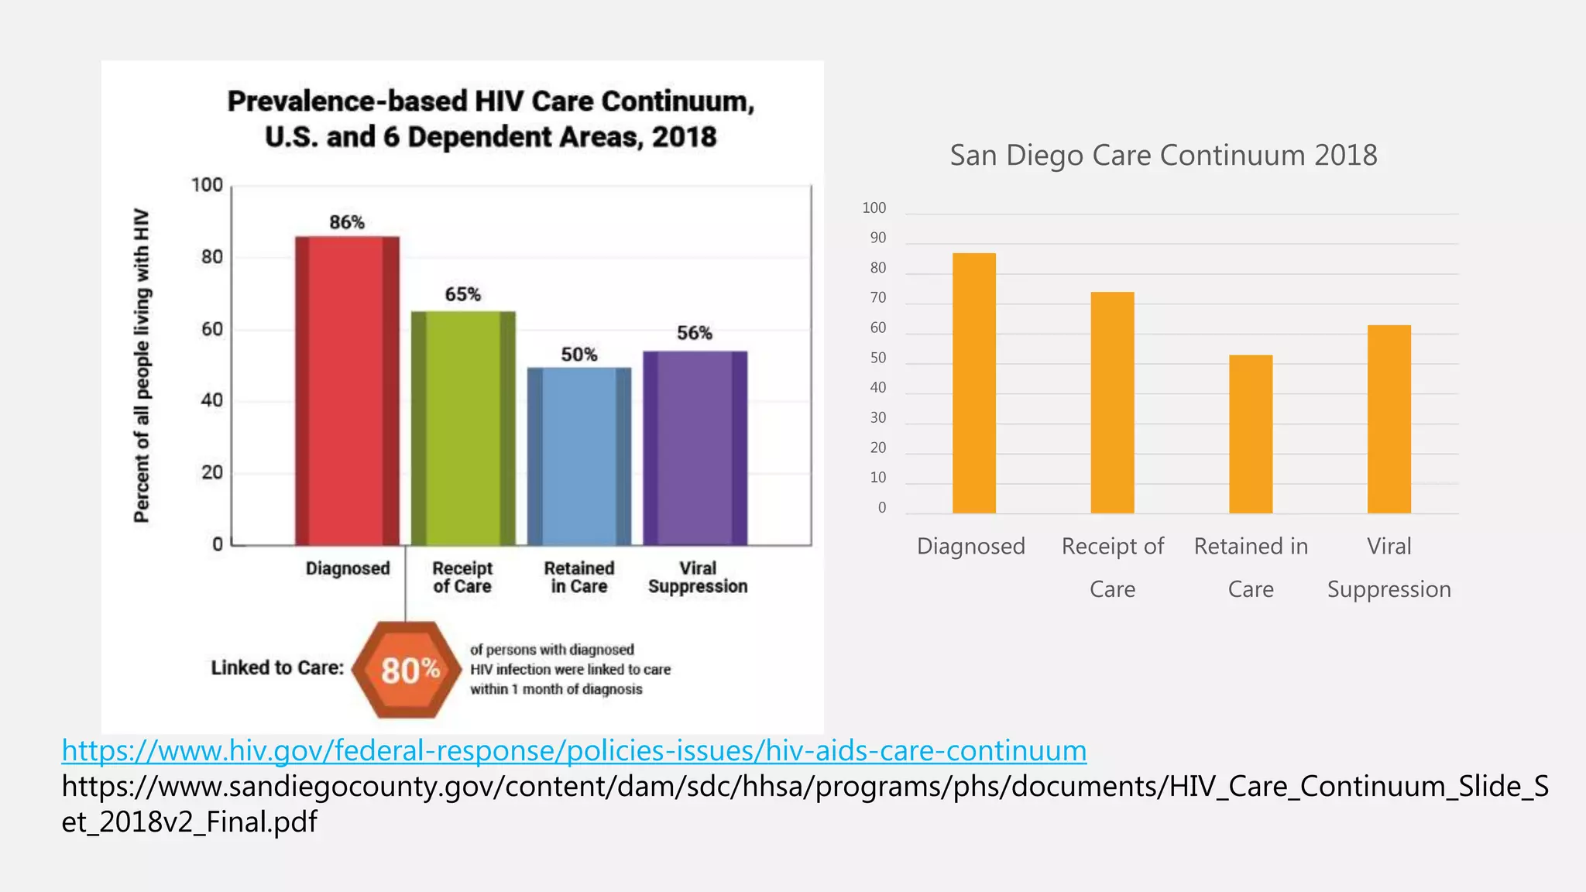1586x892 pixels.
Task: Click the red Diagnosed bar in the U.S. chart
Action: click(347, 391)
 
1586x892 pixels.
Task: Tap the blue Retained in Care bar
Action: click(579, 456)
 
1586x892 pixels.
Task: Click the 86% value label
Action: click(346, 222)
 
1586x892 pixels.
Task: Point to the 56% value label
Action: click(694, 333)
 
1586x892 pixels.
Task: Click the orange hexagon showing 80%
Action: click(407, 670)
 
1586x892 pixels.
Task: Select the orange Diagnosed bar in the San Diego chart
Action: click(973, 383)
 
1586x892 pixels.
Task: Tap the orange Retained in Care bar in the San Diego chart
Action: click(1251, 434)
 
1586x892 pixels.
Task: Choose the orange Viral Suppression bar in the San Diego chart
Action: click(1389, 419)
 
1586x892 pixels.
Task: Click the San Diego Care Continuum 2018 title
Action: click(1163, 156)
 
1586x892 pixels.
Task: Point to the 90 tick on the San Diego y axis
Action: click(877, 238)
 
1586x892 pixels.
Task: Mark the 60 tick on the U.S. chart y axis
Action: click(211, 329)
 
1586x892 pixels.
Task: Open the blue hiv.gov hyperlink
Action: click(574, 750)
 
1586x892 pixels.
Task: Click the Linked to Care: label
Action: click(277, 667)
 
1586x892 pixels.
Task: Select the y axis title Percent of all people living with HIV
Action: click(141, 365)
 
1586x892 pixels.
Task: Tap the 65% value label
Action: click(462, 294)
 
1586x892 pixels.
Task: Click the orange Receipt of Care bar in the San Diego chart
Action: click(1112, 403)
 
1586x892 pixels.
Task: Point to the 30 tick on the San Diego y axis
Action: click(877, 418)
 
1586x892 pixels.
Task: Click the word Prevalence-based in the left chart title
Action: click(347, 101)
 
